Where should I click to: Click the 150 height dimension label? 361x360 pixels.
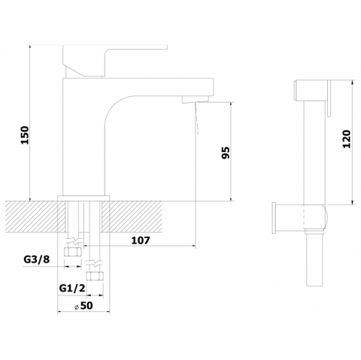tap(25, 135)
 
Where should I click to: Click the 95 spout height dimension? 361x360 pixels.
tap(226, 153)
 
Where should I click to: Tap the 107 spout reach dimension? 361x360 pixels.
tap(141, 241)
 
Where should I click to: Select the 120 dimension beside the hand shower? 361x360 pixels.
tap(347, 139)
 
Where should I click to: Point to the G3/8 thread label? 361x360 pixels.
tap(37, 259)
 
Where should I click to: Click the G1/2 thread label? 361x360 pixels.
tap(72, 288)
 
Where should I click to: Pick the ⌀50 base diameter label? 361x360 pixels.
tap(83, 306)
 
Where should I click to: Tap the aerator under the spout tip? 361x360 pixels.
tap(196, 99)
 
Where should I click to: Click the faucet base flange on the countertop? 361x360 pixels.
tap(83, 198)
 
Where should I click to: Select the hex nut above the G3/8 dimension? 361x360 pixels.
tap(73, 252)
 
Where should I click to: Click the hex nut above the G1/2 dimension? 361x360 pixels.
tap(95, 276)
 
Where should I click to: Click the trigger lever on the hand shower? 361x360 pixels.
tap(329, 98)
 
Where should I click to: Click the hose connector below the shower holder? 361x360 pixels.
tap(314, 258)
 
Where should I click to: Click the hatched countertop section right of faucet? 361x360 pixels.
tap(132, 216)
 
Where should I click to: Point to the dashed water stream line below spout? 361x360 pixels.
tap(196, 118)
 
